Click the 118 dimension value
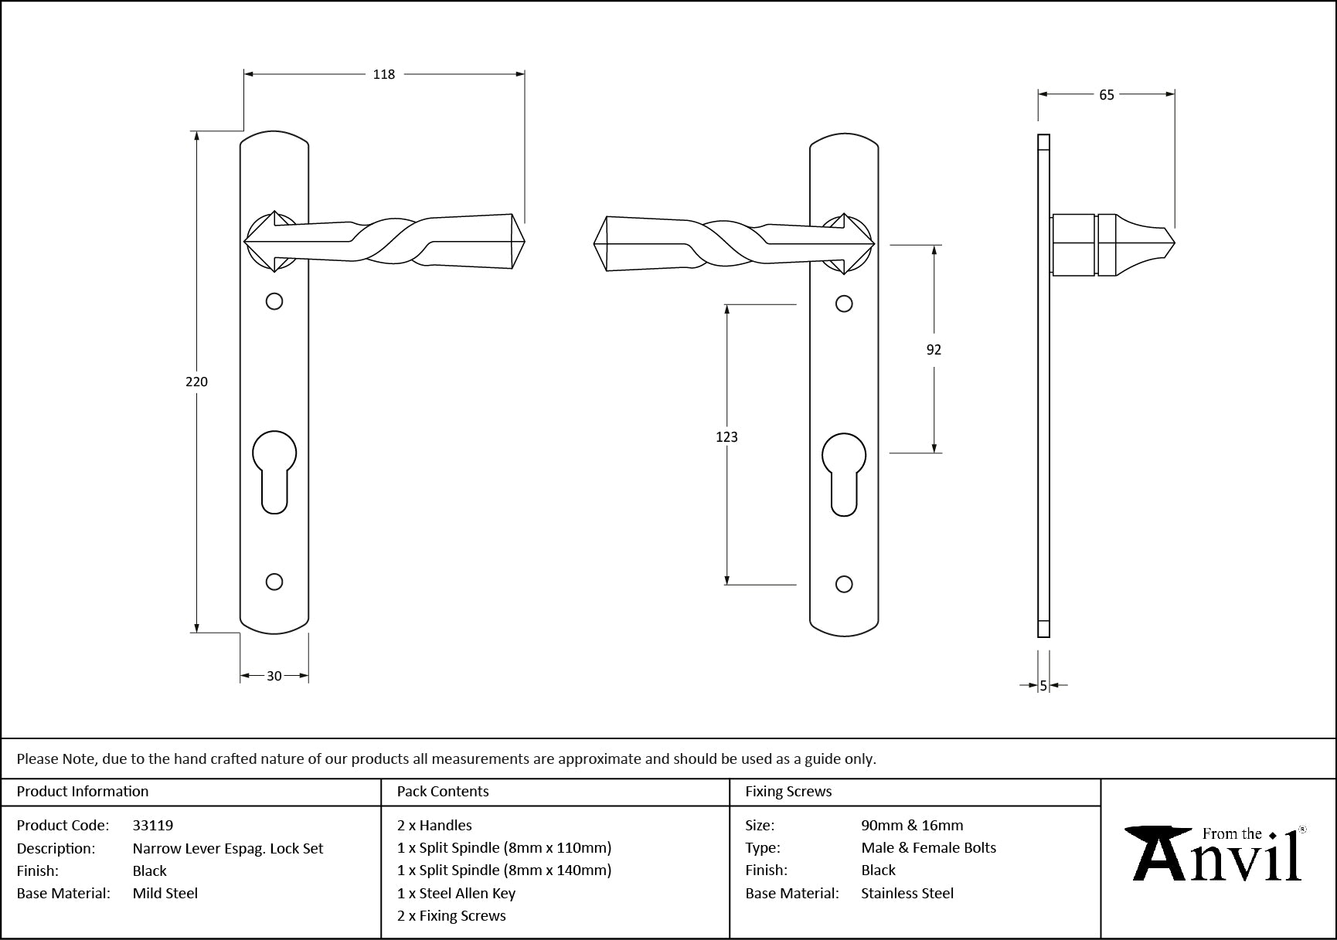[384, 74]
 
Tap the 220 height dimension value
[196, 382]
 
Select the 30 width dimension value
[274, 676]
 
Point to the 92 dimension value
[934, 350]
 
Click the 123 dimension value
[726, 437]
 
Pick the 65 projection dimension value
[1107, 95]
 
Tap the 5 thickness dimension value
[1043, 685]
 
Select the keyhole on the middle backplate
[844, 473]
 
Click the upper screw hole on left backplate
[274, 301]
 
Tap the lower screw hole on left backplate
[274, 582]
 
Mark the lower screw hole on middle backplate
[844, 584]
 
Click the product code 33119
[153, 825]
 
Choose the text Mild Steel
[165, 894]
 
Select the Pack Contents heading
[443, 792]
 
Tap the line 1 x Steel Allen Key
[456, 894]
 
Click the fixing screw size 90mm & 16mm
[912, 825]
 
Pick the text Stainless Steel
[907, 894]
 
